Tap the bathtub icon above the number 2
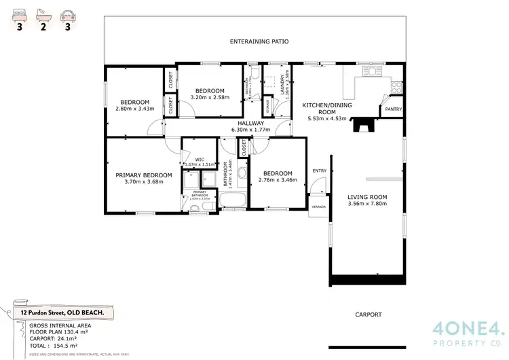click(x=44, y=13)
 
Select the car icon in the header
click(x=67, y=13)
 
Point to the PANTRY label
click(x=392, y=109)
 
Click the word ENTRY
click(x=319, y=170)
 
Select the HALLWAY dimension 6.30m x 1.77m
click(x=251, y=129)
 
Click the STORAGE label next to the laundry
click(x=271, y=107)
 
